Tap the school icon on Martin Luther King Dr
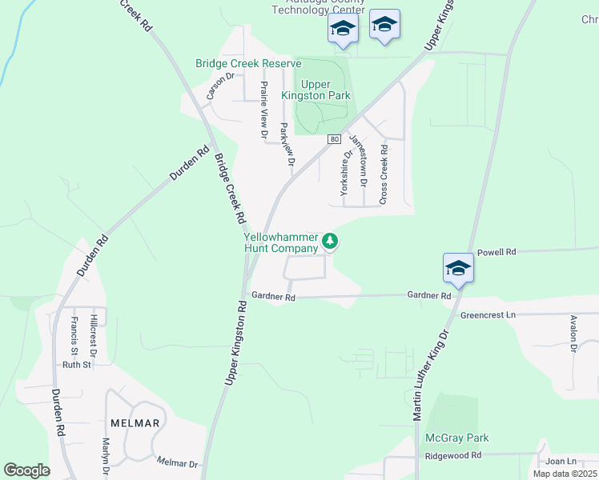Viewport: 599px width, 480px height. pos(458,268)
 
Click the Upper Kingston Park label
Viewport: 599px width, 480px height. pos(316,90)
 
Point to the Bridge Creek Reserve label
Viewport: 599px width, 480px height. pos(248,63)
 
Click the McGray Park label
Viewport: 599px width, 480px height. pos(457,438)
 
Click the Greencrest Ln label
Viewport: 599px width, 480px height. pos(487,315)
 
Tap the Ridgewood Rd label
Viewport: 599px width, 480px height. pos(452,455)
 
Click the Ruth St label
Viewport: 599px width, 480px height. pos(78,364)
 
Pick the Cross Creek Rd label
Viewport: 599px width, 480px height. pos(384,174)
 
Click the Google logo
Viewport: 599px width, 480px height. pos(26,470)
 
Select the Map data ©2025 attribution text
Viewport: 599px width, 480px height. pos(564,474)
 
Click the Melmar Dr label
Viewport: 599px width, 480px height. pos(177,463)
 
